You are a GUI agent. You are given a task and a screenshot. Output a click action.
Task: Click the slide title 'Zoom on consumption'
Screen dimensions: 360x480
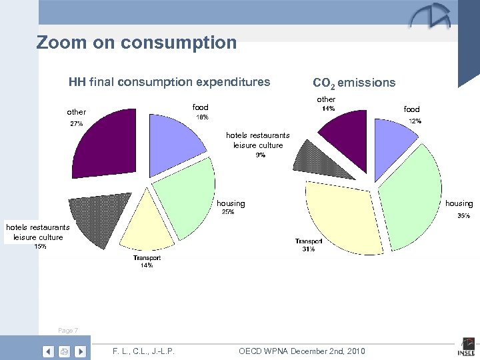(137, 43)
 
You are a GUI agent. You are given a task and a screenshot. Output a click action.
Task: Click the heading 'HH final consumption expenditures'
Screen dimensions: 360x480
(169, 83)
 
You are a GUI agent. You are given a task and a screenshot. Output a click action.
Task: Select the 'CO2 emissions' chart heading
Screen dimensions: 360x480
(353, 83)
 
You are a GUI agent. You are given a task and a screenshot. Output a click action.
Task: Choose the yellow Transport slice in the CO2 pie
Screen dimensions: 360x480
(343, 213)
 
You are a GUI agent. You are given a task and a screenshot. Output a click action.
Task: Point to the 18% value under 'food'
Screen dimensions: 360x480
(201, 117)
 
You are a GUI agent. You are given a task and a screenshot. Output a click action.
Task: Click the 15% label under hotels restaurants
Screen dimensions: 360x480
(40, 247)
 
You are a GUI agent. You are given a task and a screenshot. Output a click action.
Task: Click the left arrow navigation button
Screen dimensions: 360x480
(48, 351)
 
